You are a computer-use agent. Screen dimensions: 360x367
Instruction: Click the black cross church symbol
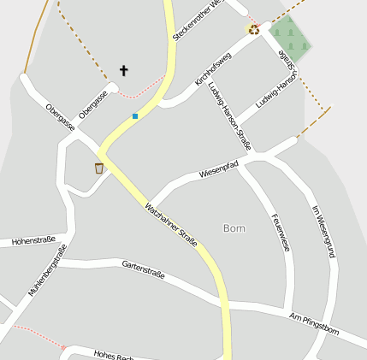coord(123,70)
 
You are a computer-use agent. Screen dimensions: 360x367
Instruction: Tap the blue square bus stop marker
coord(134,115)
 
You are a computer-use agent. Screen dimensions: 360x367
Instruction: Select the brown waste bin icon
coord(99,168)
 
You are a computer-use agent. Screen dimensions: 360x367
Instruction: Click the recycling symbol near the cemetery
coord(253,29)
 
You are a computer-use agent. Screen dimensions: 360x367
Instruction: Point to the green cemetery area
coord(289,36)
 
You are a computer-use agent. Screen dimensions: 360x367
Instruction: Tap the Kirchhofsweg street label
coord(213,68)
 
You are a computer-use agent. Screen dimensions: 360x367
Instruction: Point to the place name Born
coord(234,228)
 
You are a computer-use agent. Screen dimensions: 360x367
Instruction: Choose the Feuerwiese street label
coord(280,232)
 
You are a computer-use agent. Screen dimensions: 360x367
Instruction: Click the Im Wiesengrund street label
coord(322,231)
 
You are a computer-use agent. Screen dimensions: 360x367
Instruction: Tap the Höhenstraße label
coord(33,240)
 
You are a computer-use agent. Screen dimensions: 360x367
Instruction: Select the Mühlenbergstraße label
coord(47,270)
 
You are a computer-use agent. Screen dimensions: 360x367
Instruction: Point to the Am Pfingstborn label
coord(314,323)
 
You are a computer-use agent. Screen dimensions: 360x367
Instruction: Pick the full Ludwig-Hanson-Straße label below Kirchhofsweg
coord(230,115)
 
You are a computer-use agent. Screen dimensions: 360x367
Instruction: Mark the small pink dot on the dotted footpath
coord(62,347)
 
